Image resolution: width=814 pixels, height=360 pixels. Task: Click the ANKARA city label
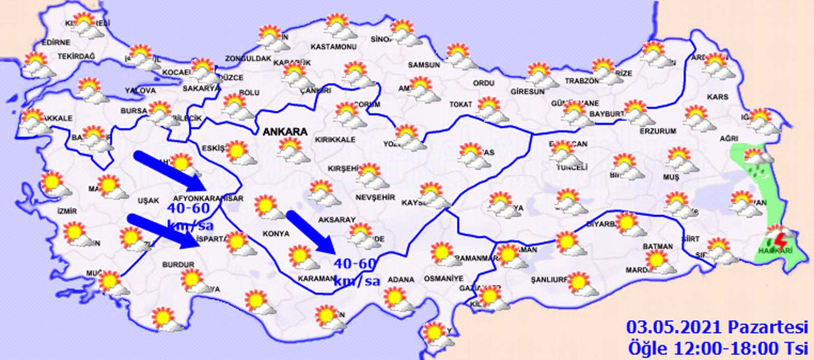(285, 132)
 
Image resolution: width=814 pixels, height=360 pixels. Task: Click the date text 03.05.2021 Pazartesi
(717, 326)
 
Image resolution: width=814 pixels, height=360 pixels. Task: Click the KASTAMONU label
(333, 47)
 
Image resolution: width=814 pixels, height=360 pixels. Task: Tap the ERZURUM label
(658, 131)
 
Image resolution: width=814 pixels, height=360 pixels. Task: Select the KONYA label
(275, 234)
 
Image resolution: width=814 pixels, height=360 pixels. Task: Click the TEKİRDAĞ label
(76, 56)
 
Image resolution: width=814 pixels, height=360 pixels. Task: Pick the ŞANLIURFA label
(549, 280)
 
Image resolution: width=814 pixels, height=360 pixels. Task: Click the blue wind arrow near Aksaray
(310, 231)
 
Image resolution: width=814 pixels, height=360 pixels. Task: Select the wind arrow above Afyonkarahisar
(168, 169)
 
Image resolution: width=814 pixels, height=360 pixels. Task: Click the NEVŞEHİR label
(375, 197)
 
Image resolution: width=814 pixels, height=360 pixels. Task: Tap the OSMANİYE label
(444, 279)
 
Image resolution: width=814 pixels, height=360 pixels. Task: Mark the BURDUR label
(178, 264)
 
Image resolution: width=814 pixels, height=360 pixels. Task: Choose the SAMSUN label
(424, 65)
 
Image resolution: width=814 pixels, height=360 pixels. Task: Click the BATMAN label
(657, 247)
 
